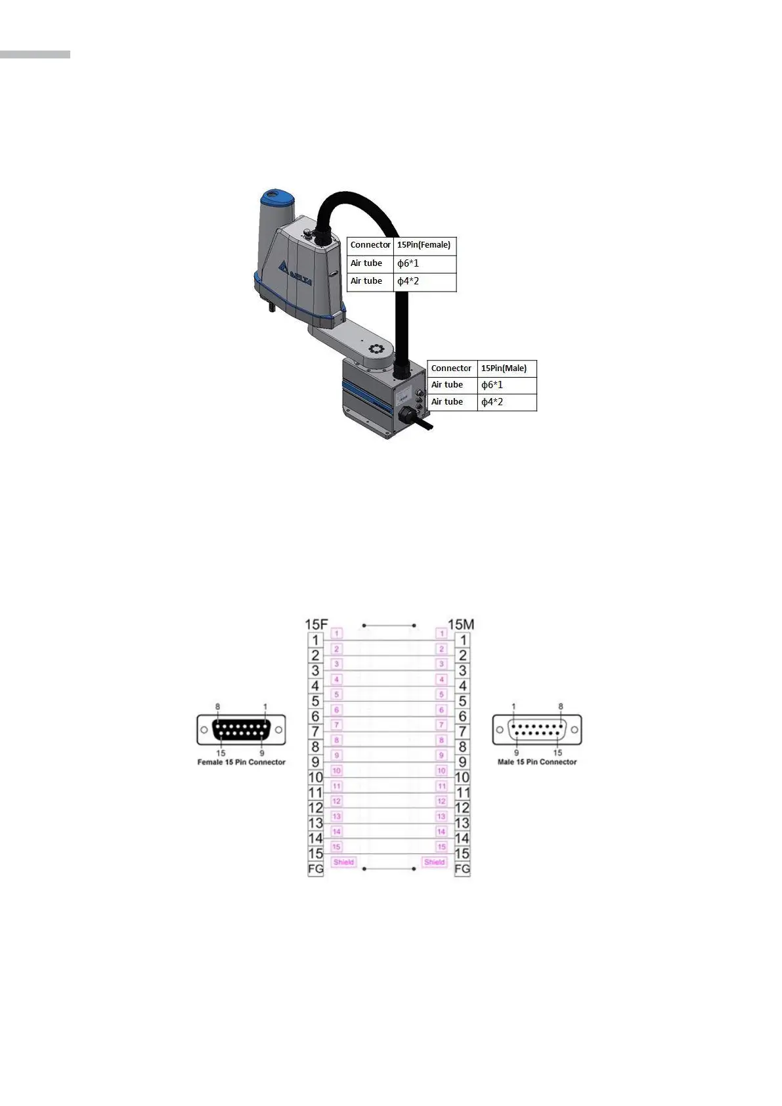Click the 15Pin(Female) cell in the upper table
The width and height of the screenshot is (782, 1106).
point(424,245)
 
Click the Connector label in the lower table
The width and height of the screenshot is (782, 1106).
point(451,368)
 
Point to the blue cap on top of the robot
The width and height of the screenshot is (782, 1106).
point(278,198)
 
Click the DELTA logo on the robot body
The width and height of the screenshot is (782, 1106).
point(294,273)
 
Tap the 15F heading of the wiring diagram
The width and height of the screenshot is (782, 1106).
point(316,625)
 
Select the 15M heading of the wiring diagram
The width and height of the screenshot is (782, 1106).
point(461,625)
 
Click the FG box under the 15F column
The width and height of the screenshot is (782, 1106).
point(316,869)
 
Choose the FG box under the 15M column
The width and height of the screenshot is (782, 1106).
point(462,869)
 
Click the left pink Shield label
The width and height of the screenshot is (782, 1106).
point(343,862)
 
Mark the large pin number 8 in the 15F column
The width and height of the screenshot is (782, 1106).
point(316,747)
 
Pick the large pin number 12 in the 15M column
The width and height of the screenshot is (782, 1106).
point(462,808)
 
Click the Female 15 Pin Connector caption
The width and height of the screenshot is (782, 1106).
point(242,763)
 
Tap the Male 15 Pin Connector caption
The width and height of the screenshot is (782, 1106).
point(537,763)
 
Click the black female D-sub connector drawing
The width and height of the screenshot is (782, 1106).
point(241,730)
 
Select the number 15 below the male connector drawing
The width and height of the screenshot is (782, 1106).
point(557,753)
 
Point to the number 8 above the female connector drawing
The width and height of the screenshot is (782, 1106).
point(218,707)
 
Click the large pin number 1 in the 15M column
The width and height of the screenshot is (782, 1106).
point(463,640)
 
